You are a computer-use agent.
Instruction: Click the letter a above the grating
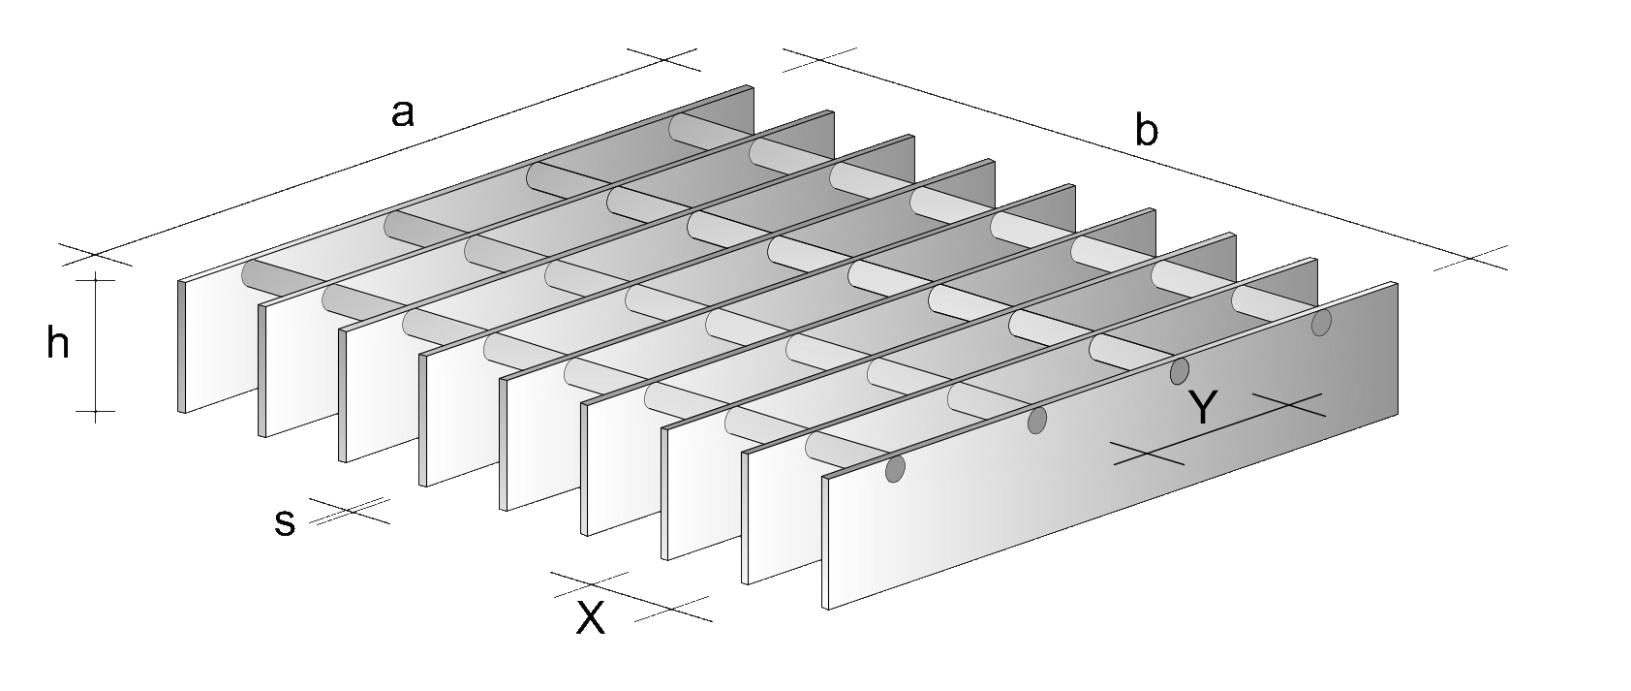[x=403, y=114]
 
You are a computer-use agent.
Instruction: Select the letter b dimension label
[x=1146, y=131]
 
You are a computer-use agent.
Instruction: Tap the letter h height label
[x=58, y=342]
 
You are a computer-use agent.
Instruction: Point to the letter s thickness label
[x=285, y=523]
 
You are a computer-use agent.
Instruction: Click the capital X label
[x=591, y=619]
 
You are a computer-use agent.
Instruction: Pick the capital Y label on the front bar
[x=1203, y=407]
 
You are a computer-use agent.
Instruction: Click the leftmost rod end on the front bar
[x=895, y=469]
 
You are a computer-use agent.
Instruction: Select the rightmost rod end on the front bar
[x=1321, y=322]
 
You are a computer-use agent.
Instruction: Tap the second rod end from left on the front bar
[x=1037, y=421]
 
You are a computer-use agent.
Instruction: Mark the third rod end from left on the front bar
[x=1180, y=371]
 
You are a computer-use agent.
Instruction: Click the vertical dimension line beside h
[x=95, y=345]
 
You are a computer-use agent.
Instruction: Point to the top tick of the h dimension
[x=95, y=280]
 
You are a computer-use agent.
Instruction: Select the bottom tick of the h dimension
[x=95, y=412]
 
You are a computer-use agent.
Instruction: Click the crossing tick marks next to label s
[x=350, y=511]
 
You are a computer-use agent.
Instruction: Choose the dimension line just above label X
[x=631, y=598]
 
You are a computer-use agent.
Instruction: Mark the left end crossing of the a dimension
[x=95, y=255]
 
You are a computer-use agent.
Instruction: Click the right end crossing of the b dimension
[x=1469, y=259]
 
